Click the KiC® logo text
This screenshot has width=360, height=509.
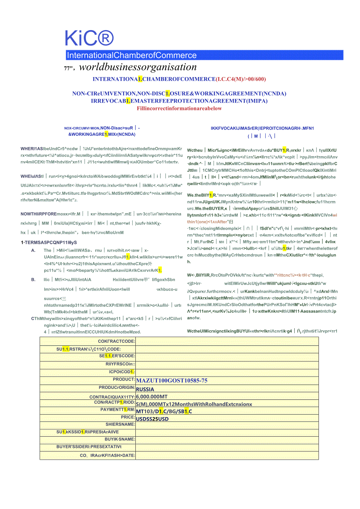click(x=89, y=39)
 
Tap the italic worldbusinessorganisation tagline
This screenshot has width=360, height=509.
click(x=138, y=67)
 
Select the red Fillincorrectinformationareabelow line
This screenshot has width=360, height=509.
click(x=179, y=108)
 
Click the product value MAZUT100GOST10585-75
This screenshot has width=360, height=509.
click(x=171, y=380)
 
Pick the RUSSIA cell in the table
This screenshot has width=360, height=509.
click(x=145, y=389)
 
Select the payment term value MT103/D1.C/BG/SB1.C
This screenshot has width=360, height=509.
click(x=164, y=411)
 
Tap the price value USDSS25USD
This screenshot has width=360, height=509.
click(x=152, y=419)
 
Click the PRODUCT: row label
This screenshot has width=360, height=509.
click(x=124, y=380)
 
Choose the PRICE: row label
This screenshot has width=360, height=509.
click(x=128, y=417)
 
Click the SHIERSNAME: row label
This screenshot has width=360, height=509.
click(x=120, y=424)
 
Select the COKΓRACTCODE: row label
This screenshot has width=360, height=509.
click(x=116, y=341)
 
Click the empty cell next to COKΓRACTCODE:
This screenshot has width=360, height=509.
click(x=227, y=341)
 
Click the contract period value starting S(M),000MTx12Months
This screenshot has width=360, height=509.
click(x=194, y=404)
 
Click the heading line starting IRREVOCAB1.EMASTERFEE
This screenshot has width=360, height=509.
click(x=179, y=101)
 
